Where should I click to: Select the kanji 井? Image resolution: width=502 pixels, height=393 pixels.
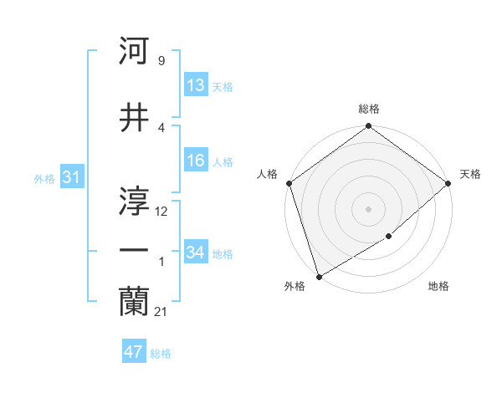point(135,118)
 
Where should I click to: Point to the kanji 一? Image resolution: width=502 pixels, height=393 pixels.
point(135,250)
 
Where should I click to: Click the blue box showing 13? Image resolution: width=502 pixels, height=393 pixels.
point(196,85)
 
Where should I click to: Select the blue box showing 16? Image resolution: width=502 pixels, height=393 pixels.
point(196,161)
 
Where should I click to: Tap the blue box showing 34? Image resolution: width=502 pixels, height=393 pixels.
point(196,253)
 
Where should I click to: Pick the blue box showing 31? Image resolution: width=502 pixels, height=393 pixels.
point(71,177)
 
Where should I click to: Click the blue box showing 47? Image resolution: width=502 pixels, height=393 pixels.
point(134,352)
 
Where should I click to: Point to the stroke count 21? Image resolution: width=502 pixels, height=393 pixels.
point(161,312)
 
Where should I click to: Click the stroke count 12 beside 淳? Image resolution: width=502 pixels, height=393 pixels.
point(161,212)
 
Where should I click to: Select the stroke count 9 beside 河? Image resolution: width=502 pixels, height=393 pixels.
point(161,61)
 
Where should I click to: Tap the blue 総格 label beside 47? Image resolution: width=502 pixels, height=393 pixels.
point(161,354)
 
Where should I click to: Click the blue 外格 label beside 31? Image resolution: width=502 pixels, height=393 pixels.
point(44,178)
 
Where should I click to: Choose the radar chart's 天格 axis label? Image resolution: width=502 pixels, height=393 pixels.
point(471,174)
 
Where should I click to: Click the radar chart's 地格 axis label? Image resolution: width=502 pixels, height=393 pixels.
point(438,287)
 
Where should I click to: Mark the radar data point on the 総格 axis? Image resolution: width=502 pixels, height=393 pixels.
point(368,126)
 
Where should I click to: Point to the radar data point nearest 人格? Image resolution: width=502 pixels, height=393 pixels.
point(289,183)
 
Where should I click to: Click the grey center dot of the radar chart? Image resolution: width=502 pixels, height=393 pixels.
point(368,209)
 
